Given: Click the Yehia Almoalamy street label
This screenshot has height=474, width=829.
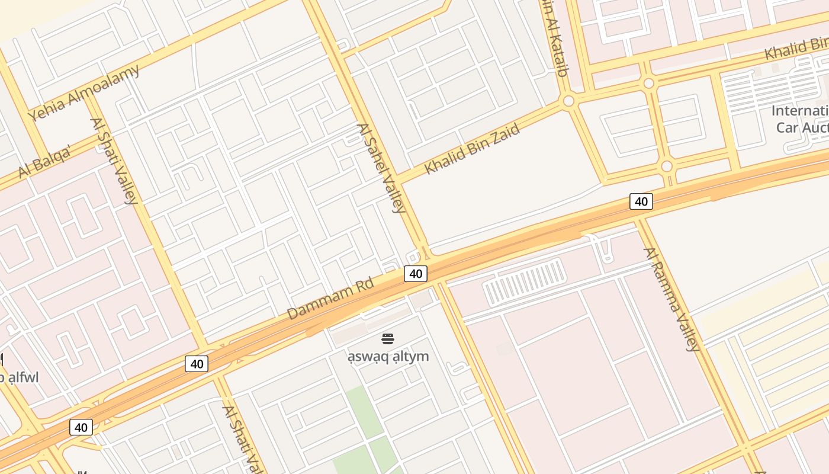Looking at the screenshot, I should (x=84, y=92).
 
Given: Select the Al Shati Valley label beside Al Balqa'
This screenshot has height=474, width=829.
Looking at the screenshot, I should (x=114, y=161).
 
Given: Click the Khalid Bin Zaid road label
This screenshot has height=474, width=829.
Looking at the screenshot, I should (x=472, y=148).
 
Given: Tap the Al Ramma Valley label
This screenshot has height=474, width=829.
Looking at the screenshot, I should (x=672, y=299).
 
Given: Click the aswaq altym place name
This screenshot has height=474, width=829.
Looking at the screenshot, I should (x=388, y=356).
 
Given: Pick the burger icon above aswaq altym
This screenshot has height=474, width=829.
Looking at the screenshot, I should (x=388, y=339).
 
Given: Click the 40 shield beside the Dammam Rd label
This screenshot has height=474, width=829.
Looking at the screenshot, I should (x=416, y=274).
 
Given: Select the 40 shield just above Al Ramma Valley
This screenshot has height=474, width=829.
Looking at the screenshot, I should (x=641, y=201).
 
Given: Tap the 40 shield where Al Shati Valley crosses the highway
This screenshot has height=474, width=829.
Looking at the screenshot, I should (x=197, y=363).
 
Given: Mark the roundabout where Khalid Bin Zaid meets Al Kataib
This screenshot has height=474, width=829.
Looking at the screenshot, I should (x=569, y=101).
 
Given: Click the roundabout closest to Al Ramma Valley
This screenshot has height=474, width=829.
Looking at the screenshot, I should (x=667, y=166).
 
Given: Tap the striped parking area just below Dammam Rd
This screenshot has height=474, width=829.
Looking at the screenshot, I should (x=523, y=283).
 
